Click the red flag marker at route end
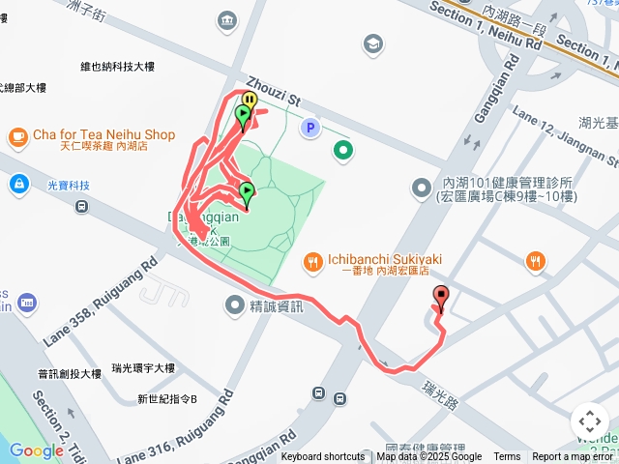[x=442, y=298]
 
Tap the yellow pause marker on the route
[x=250, y=100]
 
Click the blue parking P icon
[x=309, y=128]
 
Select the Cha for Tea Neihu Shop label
[x=103, y=134]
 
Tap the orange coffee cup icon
[x=17, y=136]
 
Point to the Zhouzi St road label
[x=274, y=93]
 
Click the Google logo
[x=36, y=450]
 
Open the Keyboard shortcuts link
[x=323, y=457]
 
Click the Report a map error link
[x=573, y=457]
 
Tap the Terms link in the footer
[x=507, y=457]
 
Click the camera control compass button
[x=589, y=420]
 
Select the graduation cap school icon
[x=372, y=43]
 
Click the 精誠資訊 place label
[x=276, y=306]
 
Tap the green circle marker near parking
[x=342, y=149]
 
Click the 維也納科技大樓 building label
[x=117, y=67]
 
